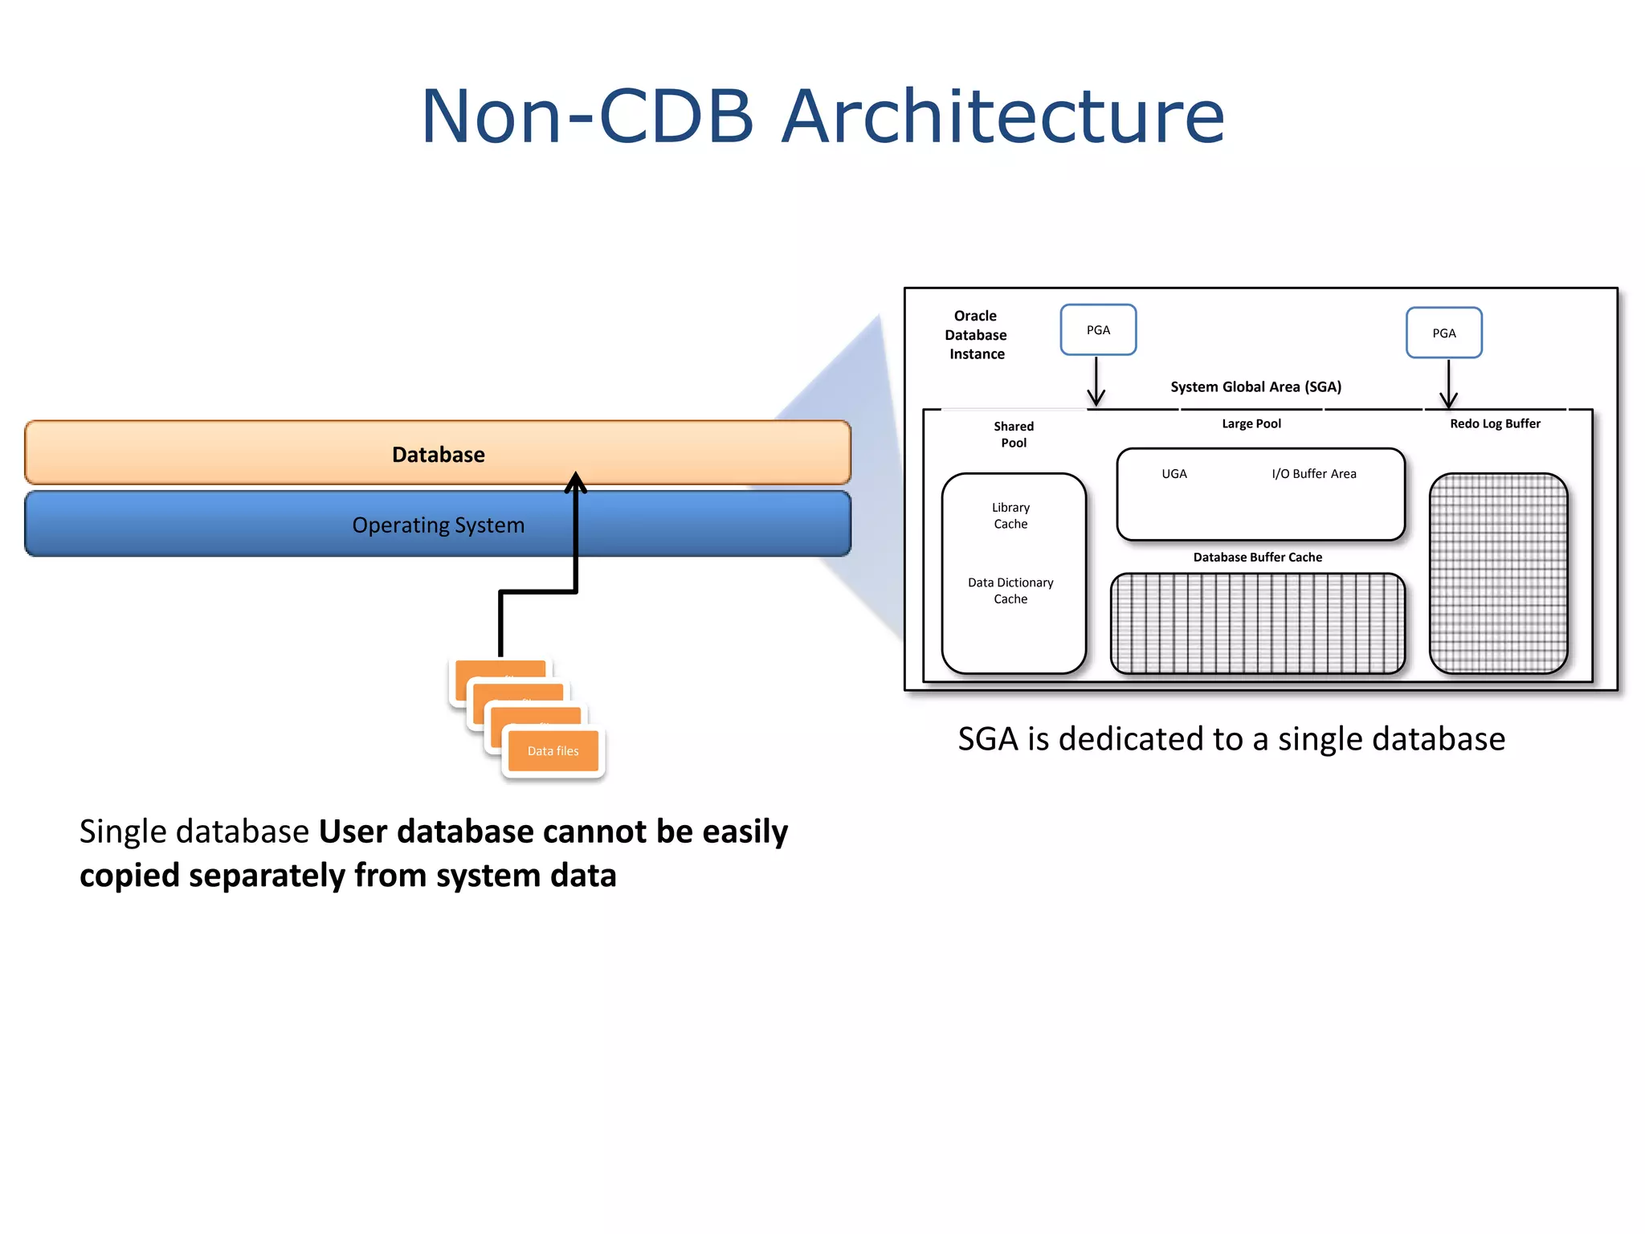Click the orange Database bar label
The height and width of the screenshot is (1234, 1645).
coord(438,455)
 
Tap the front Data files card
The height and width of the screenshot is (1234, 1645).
coord(553,751)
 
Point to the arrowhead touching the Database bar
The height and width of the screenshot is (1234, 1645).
coord(575,481)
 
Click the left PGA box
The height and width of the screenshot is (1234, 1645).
coord(1098,330)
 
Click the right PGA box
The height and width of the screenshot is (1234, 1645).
coord(1443,333)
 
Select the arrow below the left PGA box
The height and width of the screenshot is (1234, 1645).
coord(1096,382)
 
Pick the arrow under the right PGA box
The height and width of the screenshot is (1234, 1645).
coord(1448,385)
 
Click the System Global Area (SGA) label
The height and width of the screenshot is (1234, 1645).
coord(1255,387)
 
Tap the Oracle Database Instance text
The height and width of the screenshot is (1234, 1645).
coord(976,335)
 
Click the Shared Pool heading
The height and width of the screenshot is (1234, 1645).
coord(1014,435)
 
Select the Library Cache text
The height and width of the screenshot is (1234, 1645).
coord(1010,516)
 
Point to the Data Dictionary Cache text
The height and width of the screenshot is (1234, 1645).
coord(1010,590)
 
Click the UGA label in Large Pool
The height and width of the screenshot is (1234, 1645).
coord(1174,474)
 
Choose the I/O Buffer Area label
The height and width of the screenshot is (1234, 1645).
coord(1313,474)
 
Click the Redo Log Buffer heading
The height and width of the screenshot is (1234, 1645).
coord(1495,423)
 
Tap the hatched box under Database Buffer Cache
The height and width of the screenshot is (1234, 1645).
coord(1257,623)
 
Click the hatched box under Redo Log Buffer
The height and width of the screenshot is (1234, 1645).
coord(1498,573)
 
